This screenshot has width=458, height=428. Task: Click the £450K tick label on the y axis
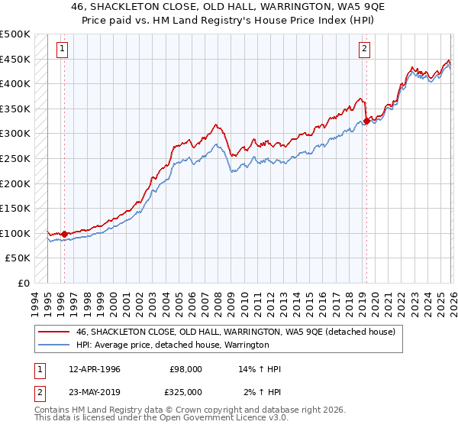[x=15, y=59]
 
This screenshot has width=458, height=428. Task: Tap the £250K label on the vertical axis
[x=15, y=158]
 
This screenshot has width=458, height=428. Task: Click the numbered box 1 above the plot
[x=62, y=49]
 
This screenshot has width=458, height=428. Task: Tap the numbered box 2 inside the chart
[x=365, y=49]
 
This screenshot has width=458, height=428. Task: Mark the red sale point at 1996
[x=64, y=234]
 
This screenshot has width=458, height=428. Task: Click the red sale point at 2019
[x=366, y=121]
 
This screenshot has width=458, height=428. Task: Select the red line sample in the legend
[x=54, y=332]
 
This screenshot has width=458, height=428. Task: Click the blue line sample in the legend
[x=54, y=345]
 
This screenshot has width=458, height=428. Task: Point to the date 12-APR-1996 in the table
[x=94, y=369]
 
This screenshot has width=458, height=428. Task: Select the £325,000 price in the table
[x=185, y=391]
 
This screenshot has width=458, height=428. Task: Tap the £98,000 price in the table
[x=185, y=369]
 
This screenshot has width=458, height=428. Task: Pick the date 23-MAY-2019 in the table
[x=94, y=391]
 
